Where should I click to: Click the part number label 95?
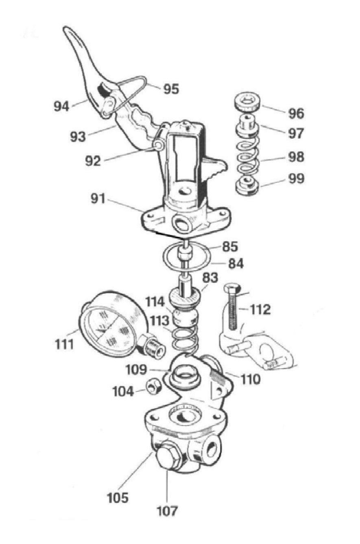pyautogui.click(x=171, y=89)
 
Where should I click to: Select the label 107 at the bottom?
pyautogui.click(x=168, y=510)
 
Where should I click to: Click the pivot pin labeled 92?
pyautogui.click(x=158, y=145)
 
